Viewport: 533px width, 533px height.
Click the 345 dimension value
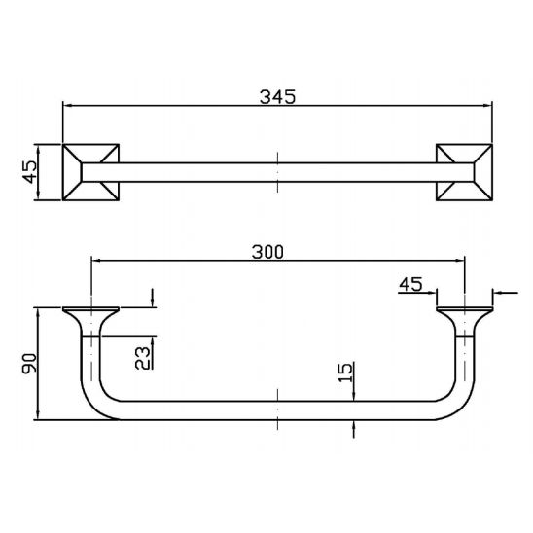pyautogui.click(x=278, y=97)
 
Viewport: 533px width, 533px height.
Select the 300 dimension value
pyautogui.click(x=267, y=252)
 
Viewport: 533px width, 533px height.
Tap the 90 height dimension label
pyautogui.click(x=29, y=364)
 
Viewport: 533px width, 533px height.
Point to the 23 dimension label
pyautogui.click(x=142, y=358)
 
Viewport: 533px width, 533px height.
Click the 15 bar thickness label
pyautogui.click(x=345, y=373)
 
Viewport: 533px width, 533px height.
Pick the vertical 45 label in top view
pyautogui.click(x=29, y=172)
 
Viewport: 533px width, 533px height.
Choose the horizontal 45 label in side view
pyautogui.click(x=411, y=285)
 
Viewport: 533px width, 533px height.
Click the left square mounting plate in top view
pyautogui.click(x=90, y=172)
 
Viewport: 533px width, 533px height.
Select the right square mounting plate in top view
pyautogui.click(x=464, y=172)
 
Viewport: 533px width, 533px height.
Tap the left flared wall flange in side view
pyautogui.click(x=90, y=321)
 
